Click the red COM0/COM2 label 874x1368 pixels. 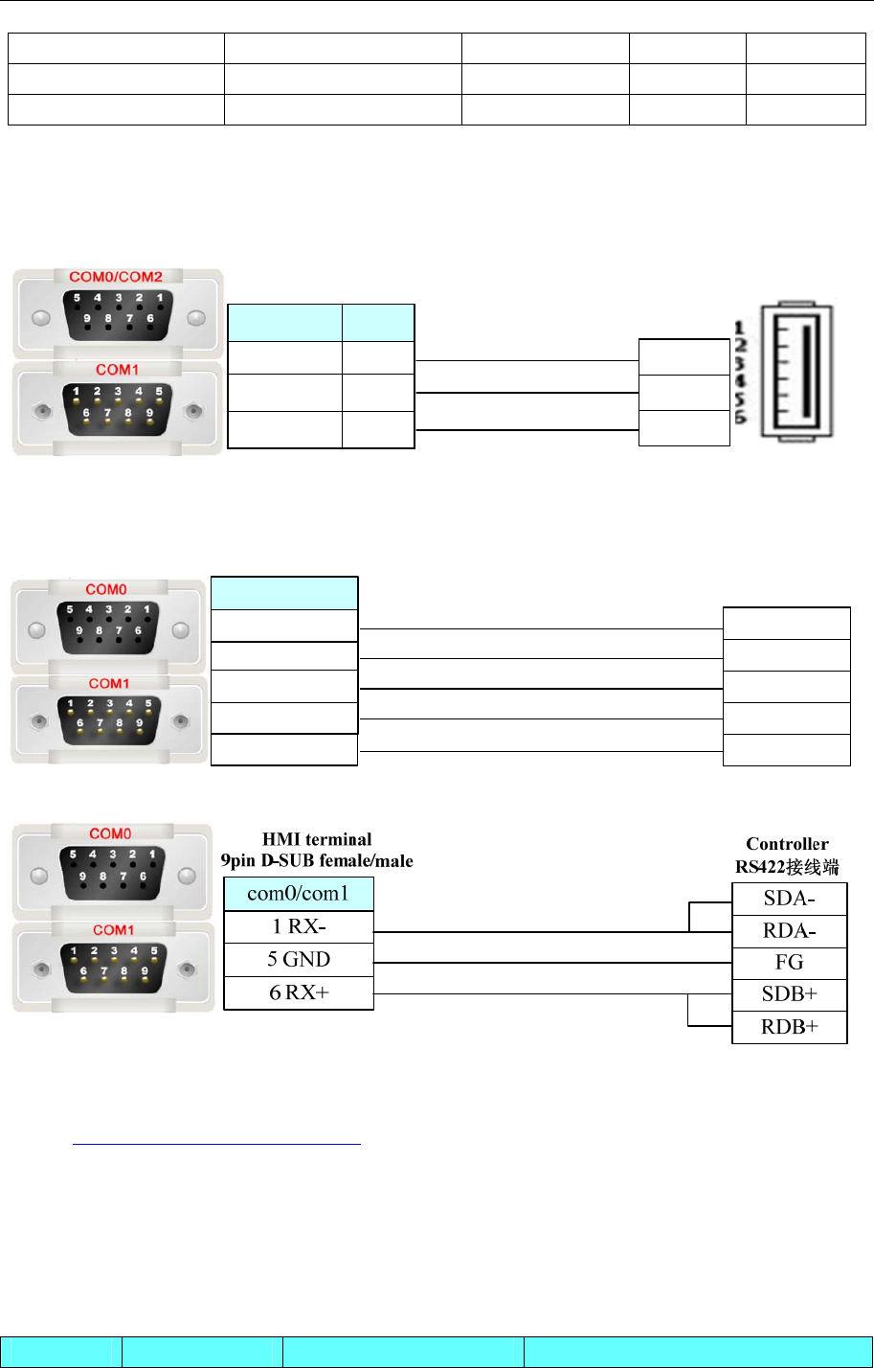point(116,278)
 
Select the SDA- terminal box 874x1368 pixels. point(790,899)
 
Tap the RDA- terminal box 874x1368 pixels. point(790,930)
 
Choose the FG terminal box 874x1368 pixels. point(790,962)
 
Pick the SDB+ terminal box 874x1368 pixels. point(790,994)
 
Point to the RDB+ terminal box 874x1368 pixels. point(790,1027)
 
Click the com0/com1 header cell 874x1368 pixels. point(299,895)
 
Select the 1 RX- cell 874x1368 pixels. point(299,927)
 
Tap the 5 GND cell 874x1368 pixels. point(299,960)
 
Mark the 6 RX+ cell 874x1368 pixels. point(299,992)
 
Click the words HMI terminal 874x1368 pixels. point(317,840)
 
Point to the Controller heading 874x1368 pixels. point(787,844)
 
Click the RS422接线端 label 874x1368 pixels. point(787,866)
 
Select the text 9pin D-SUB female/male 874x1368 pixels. point(317,860)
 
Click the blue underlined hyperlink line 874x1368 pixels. point(217,1144)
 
